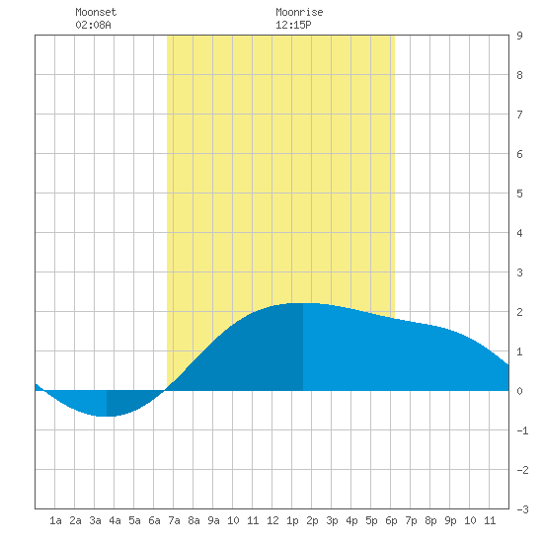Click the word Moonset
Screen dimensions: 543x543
96,12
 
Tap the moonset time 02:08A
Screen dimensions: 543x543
93,25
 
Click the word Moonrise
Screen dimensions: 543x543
299,12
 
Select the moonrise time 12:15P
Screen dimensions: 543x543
293,25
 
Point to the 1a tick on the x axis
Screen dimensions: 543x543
55,520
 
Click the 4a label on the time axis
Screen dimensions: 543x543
115,520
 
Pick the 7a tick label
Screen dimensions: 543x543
174,520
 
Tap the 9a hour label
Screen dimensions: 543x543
213,520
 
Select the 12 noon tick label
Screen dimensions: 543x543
272,520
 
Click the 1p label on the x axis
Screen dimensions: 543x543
292,520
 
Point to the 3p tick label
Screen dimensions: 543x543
332,520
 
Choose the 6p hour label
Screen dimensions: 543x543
391,520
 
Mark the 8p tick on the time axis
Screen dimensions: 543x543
430,520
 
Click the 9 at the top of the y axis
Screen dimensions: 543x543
519,36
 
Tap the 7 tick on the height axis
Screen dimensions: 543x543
519,115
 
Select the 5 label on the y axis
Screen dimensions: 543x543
519,194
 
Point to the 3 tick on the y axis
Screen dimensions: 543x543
519,272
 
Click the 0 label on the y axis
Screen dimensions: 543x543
519,391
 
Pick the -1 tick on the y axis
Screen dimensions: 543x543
522,430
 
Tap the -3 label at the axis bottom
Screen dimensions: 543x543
522,509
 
